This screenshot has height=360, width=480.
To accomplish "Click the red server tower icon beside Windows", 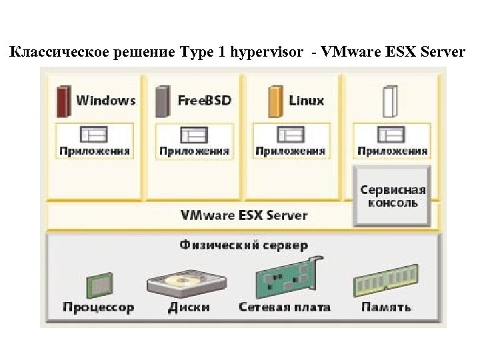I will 63,101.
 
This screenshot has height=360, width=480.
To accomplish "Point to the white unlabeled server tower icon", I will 389,101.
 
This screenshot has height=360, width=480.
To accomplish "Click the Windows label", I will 105,101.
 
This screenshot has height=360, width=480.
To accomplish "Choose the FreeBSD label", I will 204,101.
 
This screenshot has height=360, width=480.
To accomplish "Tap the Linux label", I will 307,101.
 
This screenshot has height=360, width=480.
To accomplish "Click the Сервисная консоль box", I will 392,196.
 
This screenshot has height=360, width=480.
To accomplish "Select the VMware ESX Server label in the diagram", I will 244,215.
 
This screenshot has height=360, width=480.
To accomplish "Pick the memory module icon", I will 385,281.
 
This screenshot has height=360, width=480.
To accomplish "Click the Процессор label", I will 98,307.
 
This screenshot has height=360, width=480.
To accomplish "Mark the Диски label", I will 189,307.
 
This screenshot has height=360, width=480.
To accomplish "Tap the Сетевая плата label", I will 284,307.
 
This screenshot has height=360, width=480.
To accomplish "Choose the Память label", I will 386,307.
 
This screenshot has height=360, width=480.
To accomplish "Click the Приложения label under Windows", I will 95,151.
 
